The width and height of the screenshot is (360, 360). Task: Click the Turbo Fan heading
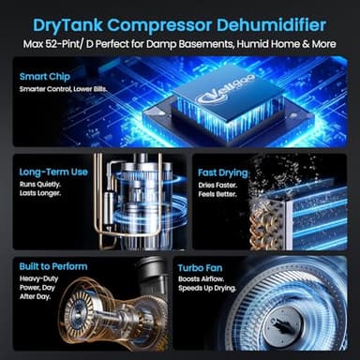[203, 267]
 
